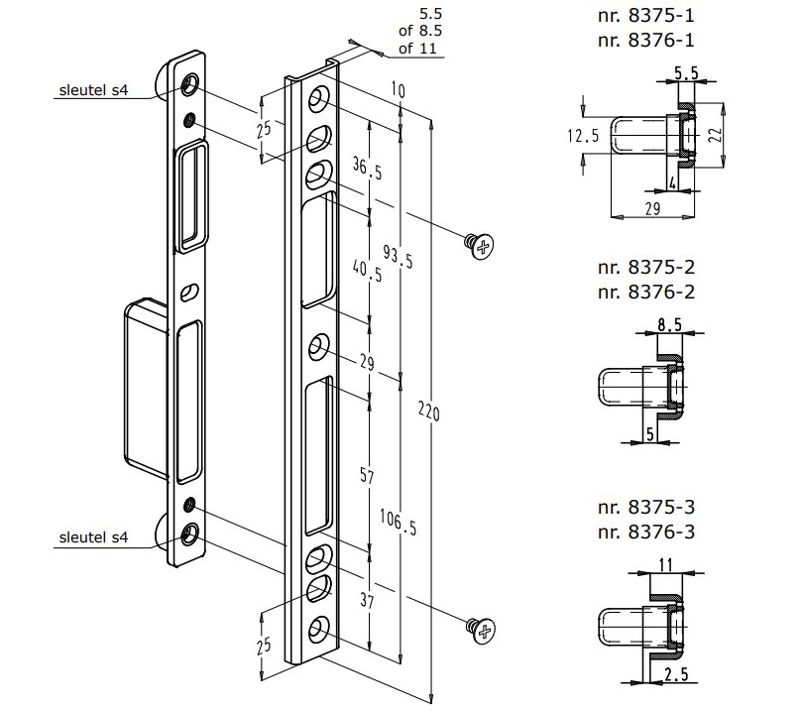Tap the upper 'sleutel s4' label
coord(92,92)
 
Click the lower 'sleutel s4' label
coord(92,537)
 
